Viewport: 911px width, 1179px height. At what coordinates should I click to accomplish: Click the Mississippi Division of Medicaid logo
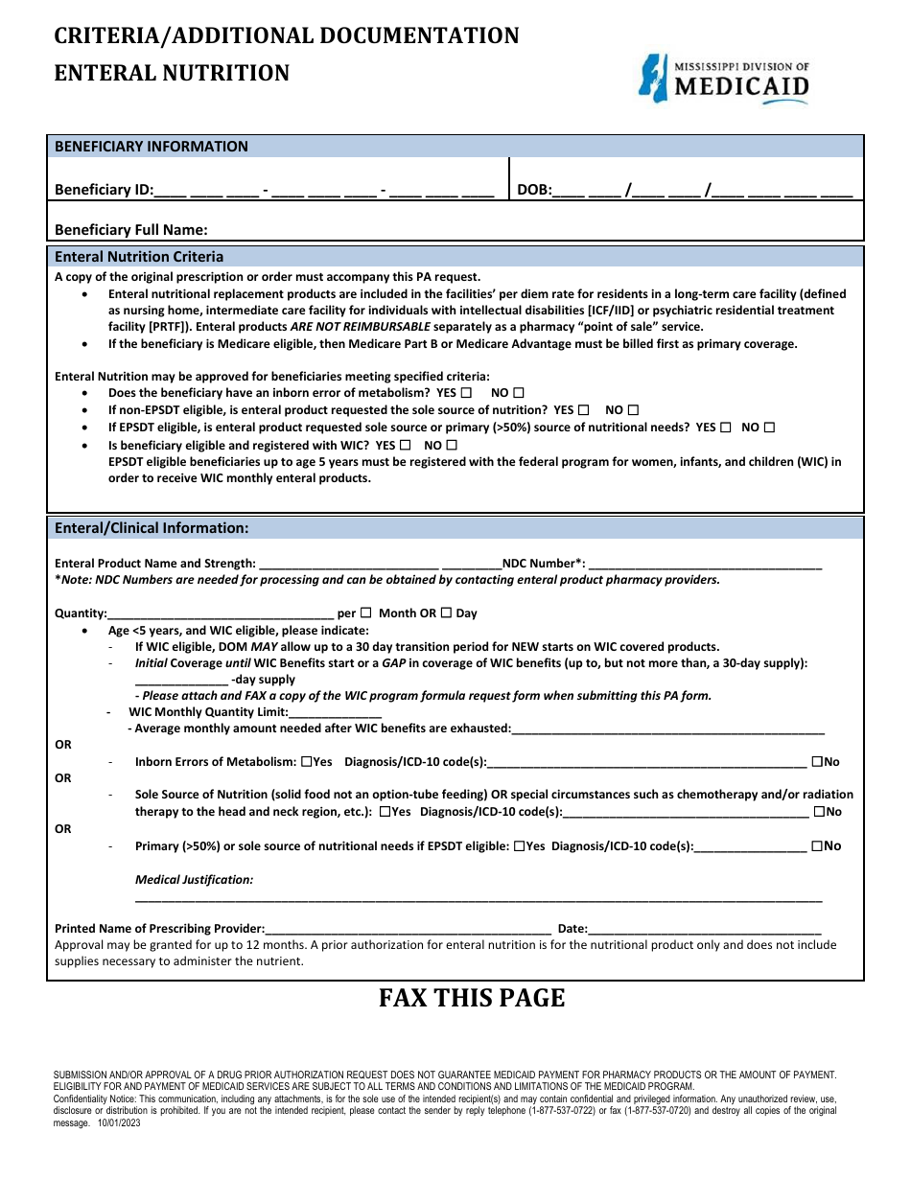724,79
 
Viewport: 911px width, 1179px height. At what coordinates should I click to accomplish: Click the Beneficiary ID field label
104,190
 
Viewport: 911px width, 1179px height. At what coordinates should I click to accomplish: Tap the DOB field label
534,190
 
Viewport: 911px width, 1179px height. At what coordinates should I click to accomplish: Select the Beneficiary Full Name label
131,230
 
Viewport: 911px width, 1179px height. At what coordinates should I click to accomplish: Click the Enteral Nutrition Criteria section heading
139,257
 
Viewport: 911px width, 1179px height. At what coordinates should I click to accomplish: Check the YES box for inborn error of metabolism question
466,393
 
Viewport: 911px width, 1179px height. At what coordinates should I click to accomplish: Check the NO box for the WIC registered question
452,445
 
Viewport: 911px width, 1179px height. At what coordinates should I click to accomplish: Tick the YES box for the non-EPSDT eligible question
583,410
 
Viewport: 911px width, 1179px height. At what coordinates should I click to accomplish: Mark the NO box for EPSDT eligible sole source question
769,428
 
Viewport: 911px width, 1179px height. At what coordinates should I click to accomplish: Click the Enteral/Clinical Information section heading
152,528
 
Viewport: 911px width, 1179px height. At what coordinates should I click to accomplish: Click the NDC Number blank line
704,565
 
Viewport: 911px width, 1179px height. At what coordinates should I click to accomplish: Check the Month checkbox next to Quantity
365,613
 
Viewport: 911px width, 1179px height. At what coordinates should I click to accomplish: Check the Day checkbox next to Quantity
446,613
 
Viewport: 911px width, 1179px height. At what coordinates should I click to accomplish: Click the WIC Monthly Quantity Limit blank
335,712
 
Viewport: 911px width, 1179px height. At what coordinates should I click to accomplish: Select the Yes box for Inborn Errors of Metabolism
306,762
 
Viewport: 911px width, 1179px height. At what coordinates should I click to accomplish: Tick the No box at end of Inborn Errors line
817,762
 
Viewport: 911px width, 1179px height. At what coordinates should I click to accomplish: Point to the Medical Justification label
194,879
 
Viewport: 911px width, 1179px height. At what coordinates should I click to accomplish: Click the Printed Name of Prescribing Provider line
408,929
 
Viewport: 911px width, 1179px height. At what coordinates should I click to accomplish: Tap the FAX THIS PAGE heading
472,999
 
